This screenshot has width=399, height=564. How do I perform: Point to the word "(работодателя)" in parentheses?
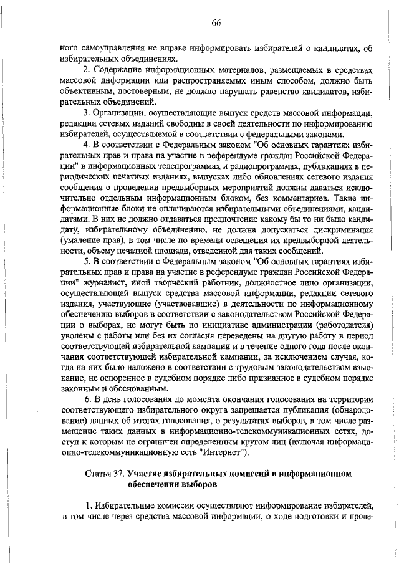(x=344, y=325)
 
